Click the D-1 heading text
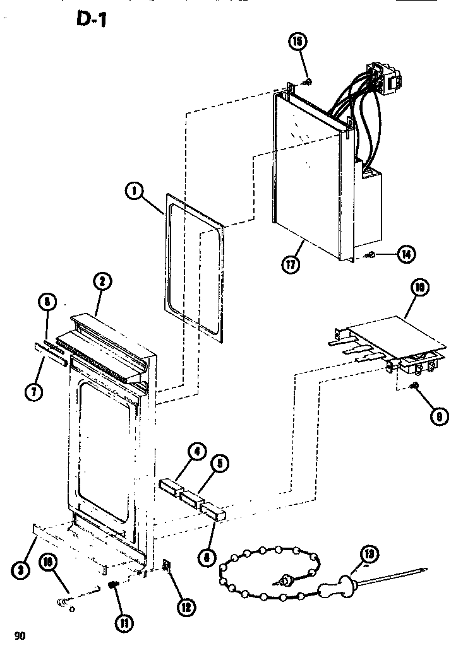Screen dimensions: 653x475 click(x=92, y=21)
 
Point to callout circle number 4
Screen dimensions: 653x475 click(x=198, y=451)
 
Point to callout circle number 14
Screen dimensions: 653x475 click(x=405, y=255)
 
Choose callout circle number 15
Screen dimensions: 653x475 click(x=297, y=42)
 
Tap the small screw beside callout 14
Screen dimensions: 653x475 click(x=371, y=256)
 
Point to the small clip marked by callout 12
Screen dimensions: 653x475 click(x=168, y=567)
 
